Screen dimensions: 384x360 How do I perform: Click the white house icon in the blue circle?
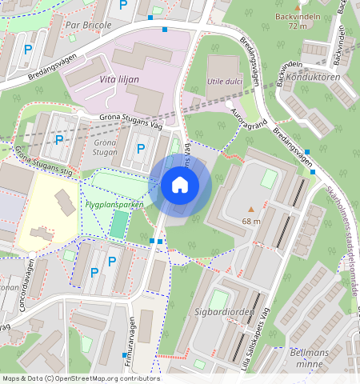(180, 186)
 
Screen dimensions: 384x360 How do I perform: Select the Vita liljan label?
(119, 80)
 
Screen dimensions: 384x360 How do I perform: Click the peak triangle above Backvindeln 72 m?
(298, 6)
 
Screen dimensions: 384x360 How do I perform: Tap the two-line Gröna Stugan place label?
(105, 146)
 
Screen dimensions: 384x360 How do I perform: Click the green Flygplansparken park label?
(114, 204)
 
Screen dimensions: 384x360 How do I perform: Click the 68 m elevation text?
(251, 221)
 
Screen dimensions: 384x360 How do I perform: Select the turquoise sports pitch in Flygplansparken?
(118, 225)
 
